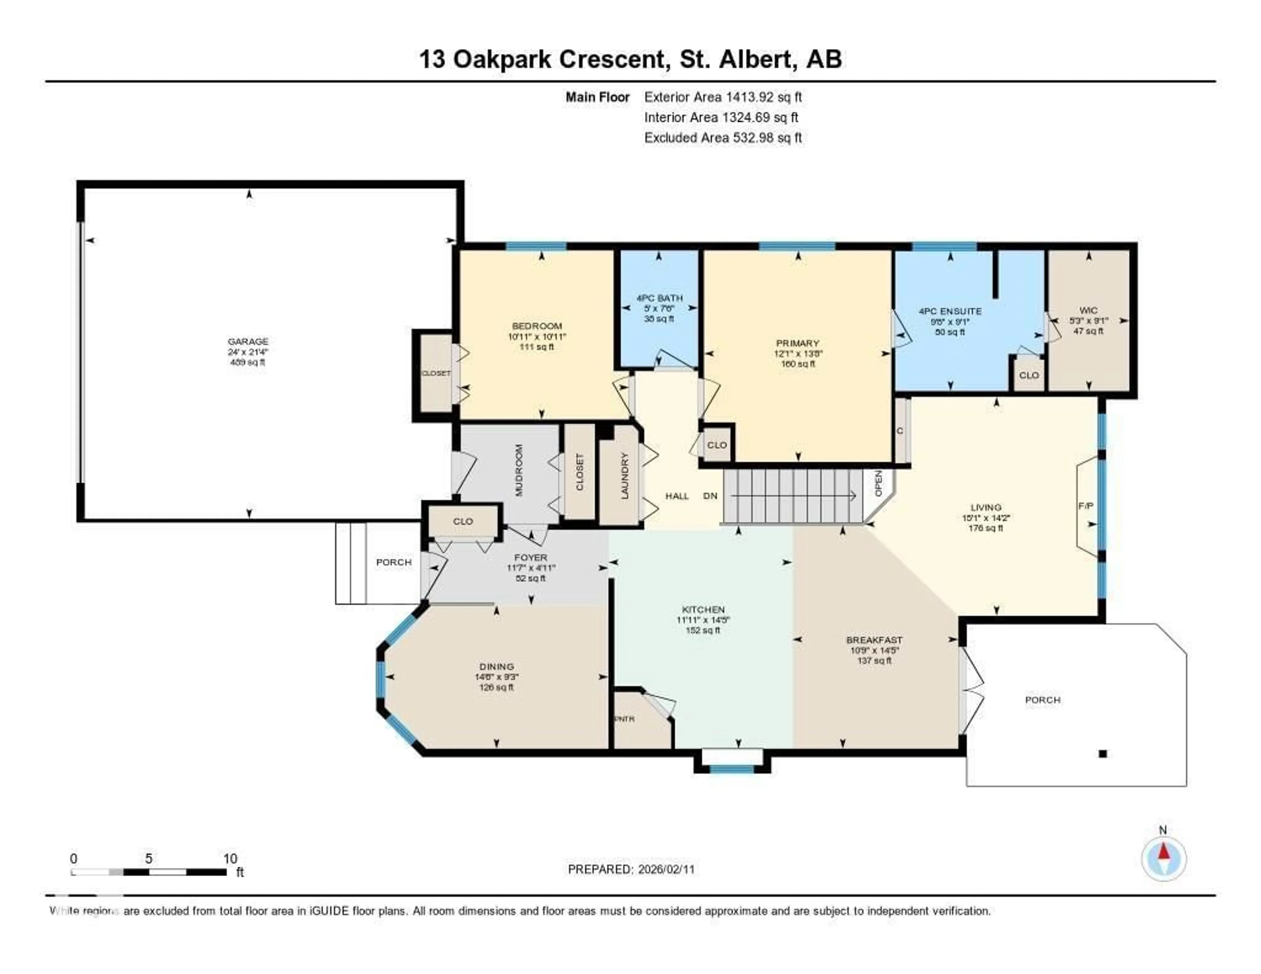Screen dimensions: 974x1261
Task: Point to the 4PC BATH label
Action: point(659,298)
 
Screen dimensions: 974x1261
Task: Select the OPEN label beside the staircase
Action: point(878,483)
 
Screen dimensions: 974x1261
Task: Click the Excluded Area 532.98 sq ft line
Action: point(723,137)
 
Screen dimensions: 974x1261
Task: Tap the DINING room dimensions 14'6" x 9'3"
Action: point(497,677)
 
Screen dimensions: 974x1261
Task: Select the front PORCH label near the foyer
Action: point(394,562)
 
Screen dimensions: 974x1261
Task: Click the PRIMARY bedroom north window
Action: point(797,247)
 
